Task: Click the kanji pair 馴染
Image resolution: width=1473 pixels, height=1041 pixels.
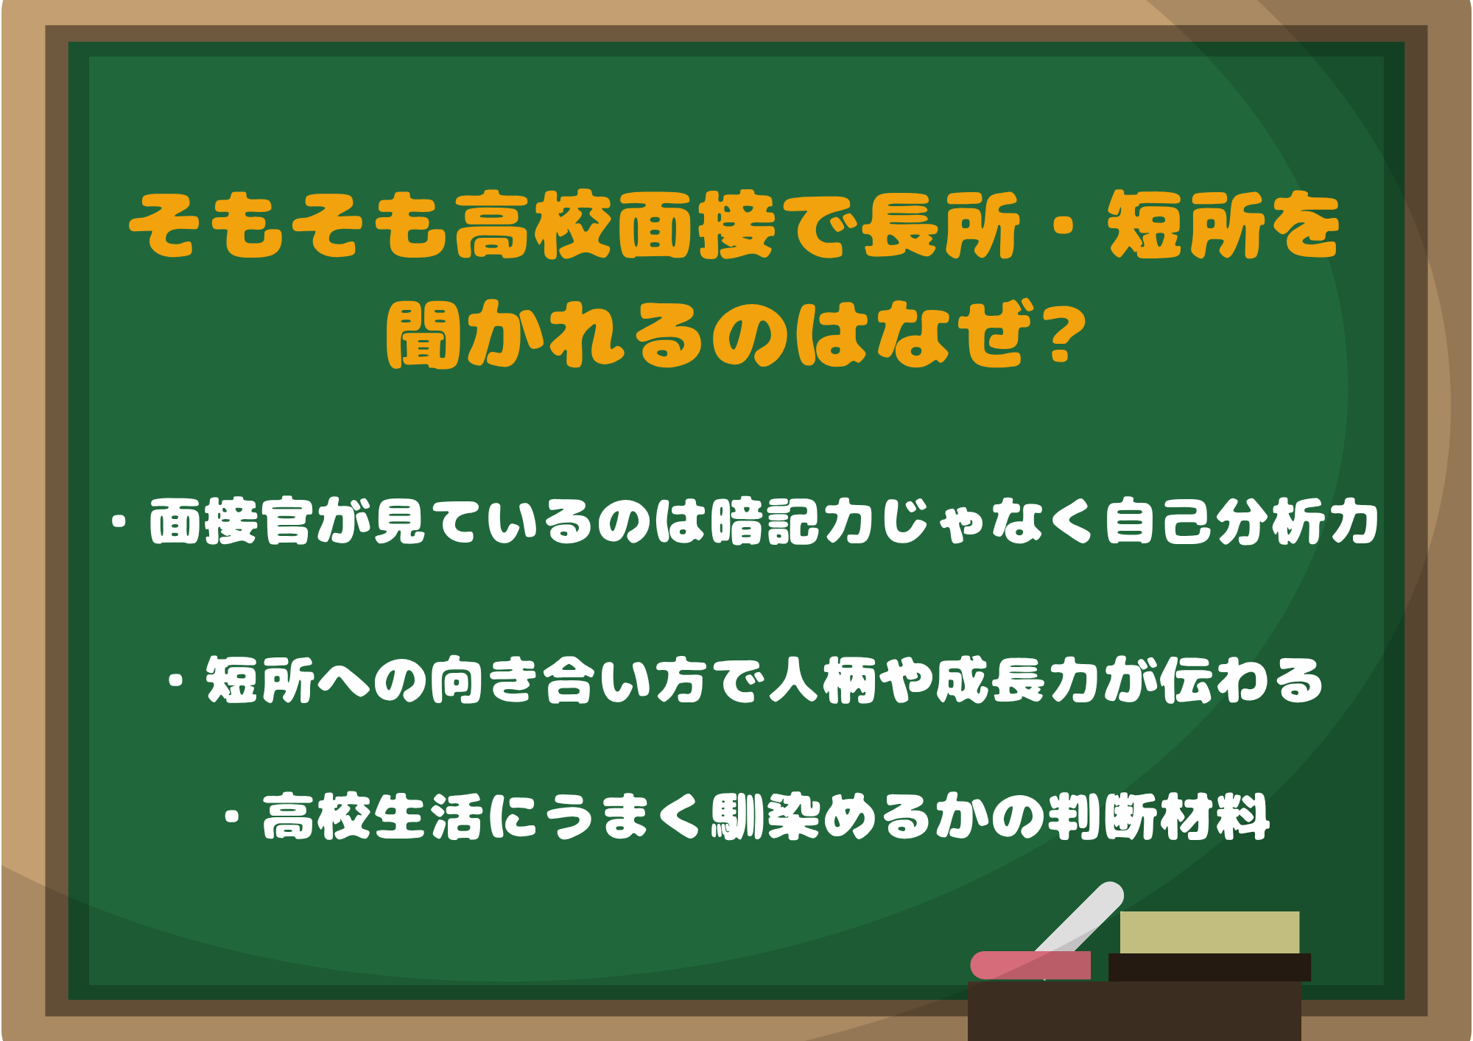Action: (766, 817)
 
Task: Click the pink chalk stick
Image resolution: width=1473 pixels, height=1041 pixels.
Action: (1030, 965)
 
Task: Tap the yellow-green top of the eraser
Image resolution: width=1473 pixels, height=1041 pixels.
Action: (1209, 932)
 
